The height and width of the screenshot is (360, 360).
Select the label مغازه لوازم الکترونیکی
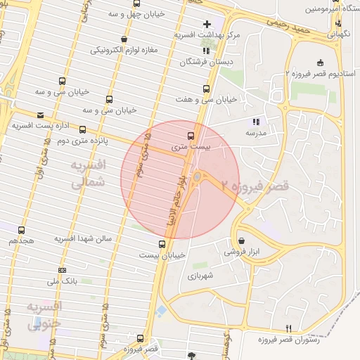[127, 51]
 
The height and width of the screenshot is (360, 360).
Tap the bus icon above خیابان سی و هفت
[206, 89]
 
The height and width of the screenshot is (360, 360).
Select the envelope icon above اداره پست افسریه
[40, 115]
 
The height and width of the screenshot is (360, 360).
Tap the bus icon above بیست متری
[191, 136]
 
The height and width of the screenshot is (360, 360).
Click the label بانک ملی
[62, 281]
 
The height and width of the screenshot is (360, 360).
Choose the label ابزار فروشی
[241, 251]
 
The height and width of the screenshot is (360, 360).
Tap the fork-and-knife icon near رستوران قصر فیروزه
[289, 328]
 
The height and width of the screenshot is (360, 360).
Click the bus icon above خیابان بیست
[162, 244]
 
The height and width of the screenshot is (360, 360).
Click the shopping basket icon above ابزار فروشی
[241, 240]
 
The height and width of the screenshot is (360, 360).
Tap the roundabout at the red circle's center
[198, 176]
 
